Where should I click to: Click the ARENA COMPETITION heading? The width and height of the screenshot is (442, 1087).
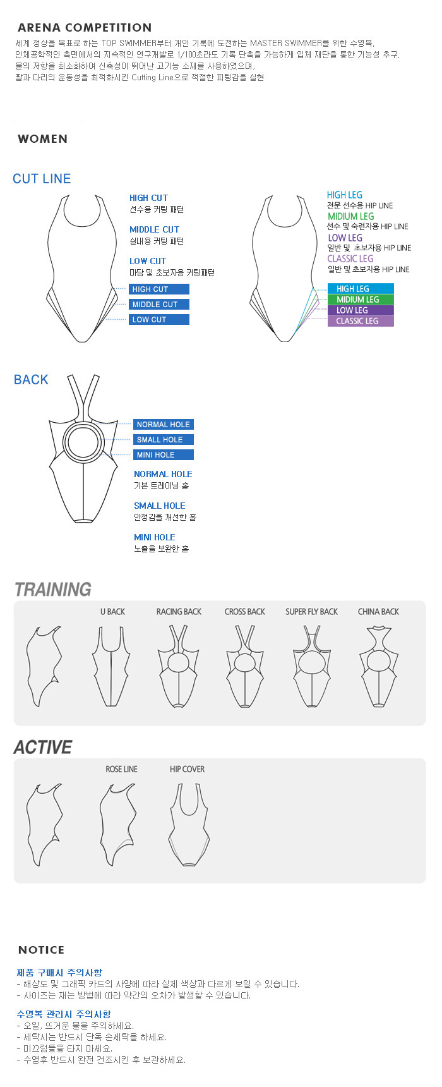tap(85, 28)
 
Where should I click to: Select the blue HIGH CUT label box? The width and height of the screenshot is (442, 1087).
tap(159, 289)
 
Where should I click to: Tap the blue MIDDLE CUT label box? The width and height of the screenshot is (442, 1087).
tap(159, 305)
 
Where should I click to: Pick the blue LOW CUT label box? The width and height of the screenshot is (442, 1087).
tap(159, 320)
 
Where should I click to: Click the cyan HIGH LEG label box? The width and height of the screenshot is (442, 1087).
tap(361, 289)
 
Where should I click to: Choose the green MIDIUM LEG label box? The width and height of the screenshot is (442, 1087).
tap(361, 300)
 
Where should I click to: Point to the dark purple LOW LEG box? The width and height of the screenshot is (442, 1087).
tap(361, 310)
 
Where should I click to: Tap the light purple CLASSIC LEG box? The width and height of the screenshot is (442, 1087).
tap(361, 321)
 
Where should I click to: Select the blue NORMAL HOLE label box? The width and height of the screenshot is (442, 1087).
tap(164, 425)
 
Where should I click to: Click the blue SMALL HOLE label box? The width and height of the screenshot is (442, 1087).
tap(164, 440)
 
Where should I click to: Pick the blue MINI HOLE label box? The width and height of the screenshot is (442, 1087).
tap(164, 455)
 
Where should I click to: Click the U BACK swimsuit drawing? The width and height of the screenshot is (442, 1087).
tap(111, 666)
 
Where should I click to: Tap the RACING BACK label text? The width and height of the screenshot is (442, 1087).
tap(179, 612)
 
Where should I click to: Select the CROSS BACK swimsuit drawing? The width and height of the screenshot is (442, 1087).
tap(244, 666)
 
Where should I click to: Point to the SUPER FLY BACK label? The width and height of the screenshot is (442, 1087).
tap(311, 612)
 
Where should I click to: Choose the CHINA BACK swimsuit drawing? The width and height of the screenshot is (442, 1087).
tap(378, 666)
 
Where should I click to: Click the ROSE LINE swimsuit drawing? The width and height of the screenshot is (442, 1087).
tap(118, 824)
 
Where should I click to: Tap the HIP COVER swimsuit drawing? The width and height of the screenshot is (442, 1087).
tap(189, 824)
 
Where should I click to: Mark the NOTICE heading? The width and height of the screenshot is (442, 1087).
tap(41, 950)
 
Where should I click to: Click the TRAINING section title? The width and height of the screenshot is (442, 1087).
tap(53, 590)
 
